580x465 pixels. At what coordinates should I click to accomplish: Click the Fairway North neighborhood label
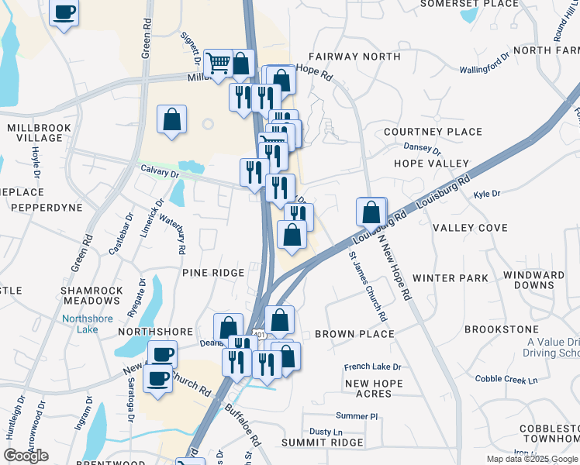pyautogui.click(x=353, y=57)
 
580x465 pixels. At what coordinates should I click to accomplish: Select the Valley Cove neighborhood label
pyautogui.click(x=470, y=228)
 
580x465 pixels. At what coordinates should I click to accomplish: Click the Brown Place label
pyautogui.click(x=354, y=334)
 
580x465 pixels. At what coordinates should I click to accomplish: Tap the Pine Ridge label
pyautogui.click(x=213, y=273)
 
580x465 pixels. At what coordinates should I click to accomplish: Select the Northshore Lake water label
pyautogui.click(x=87, y=324)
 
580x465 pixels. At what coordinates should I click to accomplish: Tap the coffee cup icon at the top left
pyautogui.click(x=64, y=12)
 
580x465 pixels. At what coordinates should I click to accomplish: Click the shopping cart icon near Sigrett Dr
pyautogui.click(x=219, y=62)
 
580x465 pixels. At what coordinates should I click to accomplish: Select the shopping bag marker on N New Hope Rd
pyautogui.click(x=371, y=211)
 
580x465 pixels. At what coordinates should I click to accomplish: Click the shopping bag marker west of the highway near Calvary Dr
pyautogui.click(x=172, y=119)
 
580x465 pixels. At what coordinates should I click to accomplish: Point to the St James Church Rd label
pyautogui.click(x=368, y=286)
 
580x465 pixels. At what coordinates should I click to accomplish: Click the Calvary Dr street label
pyautogui.click(x=160, y=170)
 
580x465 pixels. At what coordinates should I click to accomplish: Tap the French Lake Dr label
pyautogui.click(x=372, y=367)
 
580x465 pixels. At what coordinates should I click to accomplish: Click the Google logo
pyautogui.click(x=26, y=456)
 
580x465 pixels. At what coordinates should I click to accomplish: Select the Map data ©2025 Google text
pyautogui.click(x=532, y=459)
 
